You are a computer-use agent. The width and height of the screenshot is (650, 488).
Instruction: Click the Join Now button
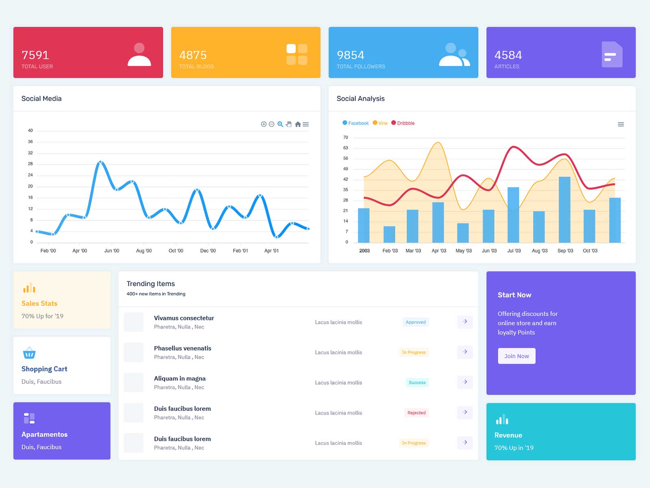pyautogui.click(x=516, y=356)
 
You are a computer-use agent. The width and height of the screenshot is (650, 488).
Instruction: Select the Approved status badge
pyautogui.click(x=416, y=322)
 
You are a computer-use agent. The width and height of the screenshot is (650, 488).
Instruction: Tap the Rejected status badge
pyautogui.click(x=416, y=413)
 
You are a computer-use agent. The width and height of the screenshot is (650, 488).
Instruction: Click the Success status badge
pyautogui.click(x=417, y=383)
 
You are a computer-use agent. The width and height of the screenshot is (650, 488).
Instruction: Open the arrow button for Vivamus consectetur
pyautogui.click(x=465, y=322)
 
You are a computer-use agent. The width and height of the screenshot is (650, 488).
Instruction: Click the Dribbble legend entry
pyautogui.click(x=403, y=123)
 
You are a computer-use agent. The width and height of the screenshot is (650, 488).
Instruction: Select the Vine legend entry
pyautogui.click(x=380, y=123)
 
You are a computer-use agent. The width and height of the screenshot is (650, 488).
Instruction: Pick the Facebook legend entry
pyautogui.click(x=356, y=123)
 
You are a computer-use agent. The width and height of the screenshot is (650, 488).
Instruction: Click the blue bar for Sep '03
pyautogui.click(x=564, y=209)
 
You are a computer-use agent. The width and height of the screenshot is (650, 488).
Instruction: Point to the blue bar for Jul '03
pyautogui.click(x=513, y=215)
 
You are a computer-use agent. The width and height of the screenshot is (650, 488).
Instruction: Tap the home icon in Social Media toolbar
pyautogui.click(x=298, y=124)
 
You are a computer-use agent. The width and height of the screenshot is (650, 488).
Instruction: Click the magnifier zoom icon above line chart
pyautogui.click(x=280, y=124)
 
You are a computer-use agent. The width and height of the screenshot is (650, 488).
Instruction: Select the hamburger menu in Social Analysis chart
pyautogui.click(x=621, y=124)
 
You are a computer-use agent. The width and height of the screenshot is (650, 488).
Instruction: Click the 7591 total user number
pyautogui.click(x=35, y=55)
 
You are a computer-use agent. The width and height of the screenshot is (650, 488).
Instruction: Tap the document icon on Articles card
pyautogui.click(x=612, y=54)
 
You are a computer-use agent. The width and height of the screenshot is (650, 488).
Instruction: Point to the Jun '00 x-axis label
pyautogui.click(x=112, y=251)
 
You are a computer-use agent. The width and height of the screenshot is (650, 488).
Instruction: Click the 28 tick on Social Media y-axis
pyautogui.click(x=30, y=164)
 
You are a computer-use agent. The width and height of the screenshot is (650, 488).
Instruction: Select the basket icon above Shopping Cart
pyautogui.click(x=29, y=353)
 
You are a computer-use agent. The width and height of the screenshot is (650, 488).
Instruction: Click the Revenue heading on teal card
pyautogui.click(x=508, y=435)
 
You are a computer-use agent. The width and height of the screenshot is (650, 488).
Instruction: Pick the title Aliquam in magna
pyautogui.click(x=180, y=379)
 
